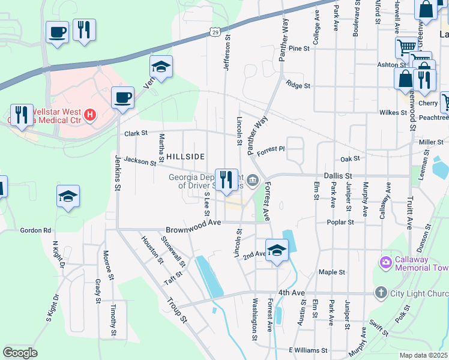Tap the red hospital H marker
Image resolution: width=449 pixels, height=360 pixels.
[89, 114]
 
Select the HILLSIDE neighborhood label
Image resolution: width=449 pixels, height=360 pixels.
[185, 156]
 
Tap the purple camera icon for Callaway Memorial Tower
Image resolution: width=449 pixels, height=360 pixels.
[385, 262]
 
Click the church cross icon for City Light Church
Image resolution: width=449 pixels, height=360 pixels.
[380, 293]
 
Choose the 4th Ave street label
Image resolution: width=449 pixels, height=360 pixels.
[292, 292]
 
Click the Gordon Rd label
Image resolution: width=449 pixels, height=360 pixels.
[35, 230]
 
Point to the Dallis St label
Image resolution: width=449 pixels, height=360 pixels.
[337, 176]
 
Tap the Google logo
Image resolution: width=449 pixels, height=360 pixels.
[20, 353]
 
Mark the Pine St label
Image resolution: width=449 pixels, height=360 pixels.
[298, 48]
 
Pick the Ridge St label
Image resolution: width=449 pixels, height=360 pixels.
[298, 85]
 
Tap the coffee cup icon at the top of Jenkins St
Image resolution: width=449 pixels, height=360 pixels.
[122, 97]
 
